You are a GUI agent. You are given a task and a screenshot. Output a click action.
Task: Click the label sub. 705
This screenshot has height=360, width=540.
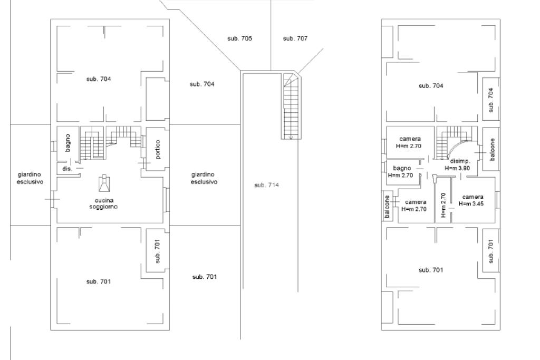[x=239, y=38]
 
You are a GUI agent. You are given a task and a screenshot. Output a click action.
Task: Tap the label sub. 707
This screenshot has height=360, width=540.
[x=295, y=38]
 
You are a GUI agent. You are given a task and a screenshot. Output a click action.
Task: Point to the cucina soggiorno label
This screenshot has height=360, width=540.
[x=103, y=203]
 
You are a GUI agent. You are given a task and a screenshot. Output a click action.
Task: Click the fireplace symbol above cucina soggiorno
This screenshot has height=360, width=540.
[x=104, y=183]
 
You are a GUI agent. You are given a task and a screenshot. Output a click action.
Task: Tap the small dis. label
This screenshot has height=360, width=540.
[x=67, y=169]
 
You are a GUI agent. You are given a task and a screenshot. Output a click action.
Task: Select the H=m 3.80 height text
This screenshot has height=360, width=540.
[x=457, y=168]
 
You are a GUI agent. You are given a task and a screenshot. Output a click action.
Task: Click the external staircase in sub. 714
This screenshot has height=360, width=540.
[x=290, y=105]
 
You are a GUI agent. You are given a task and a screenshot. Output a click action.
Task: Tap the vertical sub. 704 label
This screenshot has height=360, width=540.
[x=490, y=100]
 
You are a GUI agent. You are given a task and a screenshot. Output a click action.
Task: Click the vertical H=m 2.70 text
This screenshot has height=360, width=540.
[x=443, y=205]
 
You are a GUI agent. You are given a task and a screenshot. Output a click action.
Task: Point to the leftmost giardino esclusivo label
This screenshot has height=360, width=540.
[x=30, y=178]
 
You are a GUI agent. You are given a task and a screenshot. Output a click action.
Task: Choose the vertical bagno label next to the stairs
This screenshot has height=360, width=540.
[x=67, y=143]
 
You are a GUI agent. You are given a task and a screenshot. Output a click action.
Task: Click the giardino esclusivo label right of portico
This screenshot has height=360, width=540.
[x=204, y=178]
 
